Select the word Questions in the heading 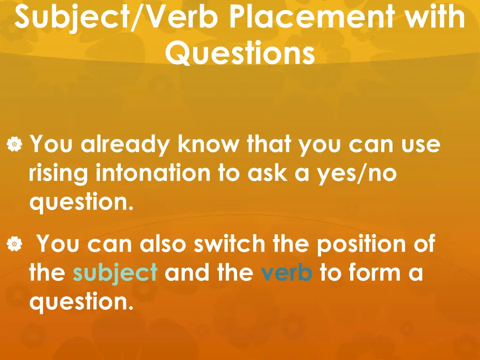click(x=240, y=53)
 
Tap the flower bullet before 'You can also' click(x=15, y=244)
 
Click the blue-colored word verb click(x=286, y=273)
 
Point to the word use click(x=420, y=145)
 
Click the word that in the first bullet click(x=270, y=144)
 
